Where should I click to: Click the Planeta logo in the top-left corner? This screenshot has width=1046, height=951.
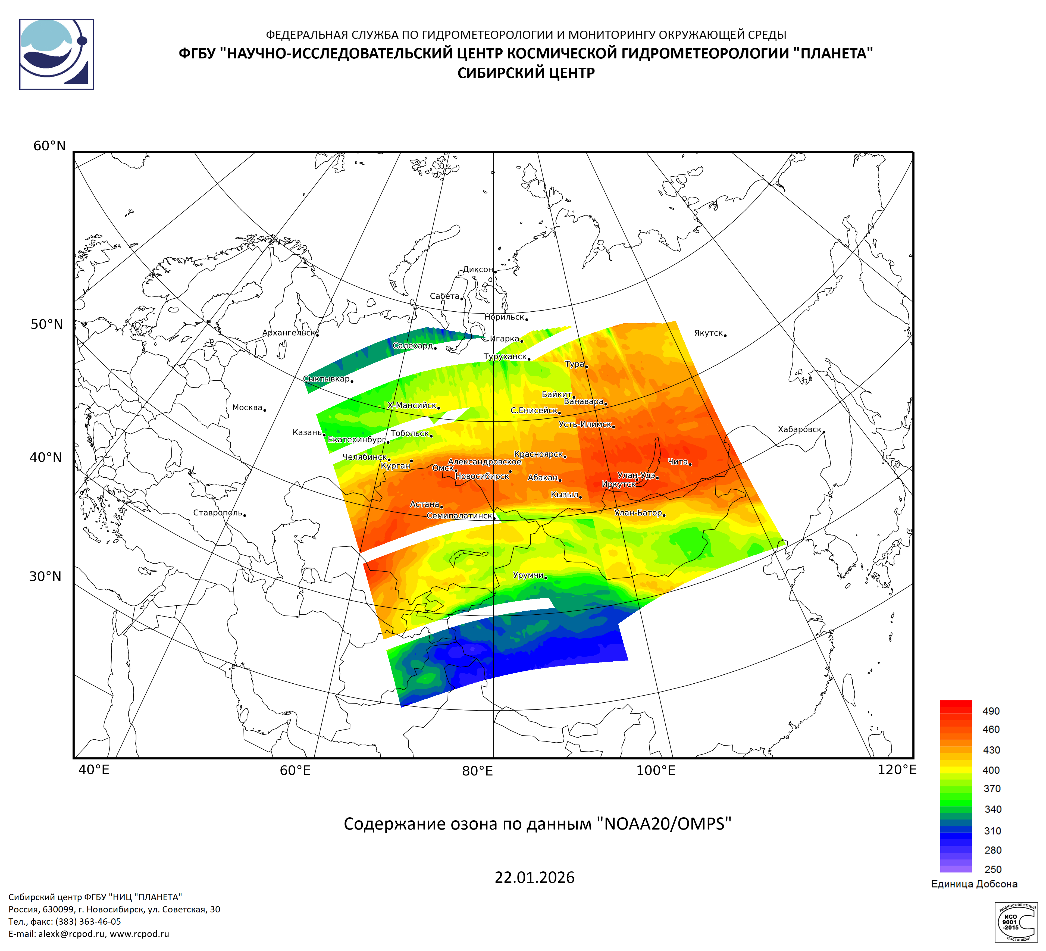pos(57,54)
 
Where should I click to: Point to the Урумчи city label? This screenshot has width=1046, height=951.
pos(528,575)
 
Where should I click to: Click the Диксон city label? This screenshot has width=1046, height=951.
pos(478,269)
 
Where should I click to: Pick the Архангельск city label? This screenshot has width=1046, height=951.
pos(289,333)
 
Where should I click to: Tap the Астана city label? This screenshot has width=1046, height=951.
pos(424,504)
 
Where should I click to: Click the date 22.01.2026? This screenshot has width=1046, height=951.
pos(534,877)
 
